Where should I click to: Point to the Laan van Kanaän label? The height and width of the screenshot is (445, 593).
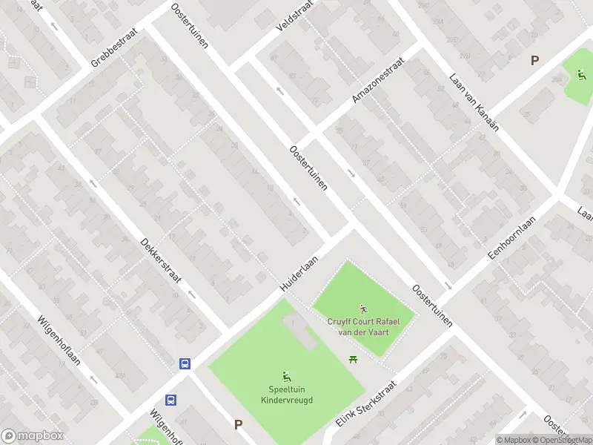coord(474,102)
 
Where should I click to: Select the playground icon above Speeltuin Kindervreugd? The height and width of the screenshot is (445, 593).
coord(285,376)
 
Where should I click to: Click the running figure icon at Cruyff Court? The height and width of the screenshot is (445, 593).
coord(363,309)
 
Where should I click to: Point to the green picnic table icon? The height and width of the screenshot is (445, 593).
coord(354,360)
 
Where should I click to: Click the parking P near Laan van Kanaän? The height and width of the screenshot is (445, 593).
coord(534,61)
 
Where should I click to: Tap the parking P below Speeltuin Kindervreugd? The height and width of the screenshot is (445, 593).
coord(238,425)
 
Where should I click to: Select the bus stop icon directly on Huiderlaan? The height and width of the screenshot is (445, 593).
coord(185,363)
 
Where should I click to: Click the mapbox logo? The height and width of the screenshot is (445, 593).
coord(33,435)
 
